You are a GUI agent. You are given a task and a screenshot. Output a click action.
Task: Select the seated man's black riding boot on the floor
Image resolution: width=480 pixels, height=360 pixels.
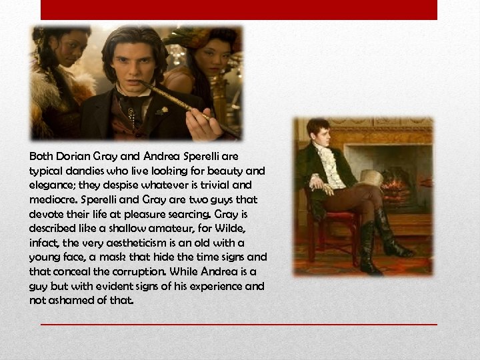click(393, 237)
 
